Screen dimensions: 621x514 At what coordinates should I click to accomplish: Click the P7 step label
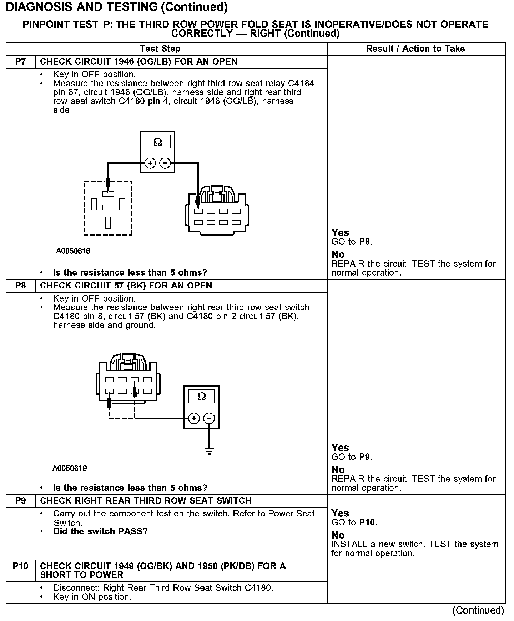point(21,62)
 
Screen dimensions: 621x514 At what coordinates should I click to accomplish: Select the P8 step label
point(21,286)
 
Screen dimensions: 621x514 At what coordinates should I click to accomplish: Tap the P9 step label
point(21,501)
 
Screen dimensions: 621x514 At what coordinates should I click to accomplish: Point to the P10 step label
point(21,566)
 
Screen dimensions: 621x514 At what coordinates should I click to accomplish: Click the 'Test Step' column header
point(160,49)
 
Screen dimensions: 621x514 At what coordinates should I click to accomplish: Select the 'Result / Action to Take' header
point(415,49)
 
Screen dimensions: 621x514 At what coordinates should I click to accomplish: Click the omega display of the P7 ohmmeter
point(157,142)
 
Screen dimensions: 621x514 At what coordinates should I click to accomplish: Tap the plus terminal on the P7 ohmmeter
point(150,163)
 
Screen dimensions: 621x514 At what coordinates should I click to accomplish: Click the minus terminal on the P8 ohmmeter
point(210,418)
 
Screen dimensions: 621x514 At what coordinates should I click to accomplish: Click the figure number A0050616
point(73,251)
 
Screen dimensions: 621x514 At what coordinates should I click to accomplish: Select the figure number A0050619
point(70,468)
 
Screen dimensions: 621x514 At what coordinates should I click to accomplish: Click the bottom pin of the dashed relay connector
point(108,222)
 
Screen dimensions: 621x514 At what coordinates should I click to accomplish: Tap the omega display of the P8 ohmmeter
point(201,397)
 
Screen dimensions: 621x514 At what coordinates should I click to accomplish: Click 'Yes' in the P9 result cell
point(340,514)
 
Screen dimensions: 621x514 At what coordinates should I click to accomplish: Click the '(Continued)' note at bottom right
point(478,611)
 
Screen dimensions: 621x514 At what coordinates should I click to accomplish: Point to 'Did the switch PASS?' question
point(100,531)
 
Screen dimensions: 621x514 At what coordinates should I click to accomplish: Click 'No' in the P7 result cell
point(338,254)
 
